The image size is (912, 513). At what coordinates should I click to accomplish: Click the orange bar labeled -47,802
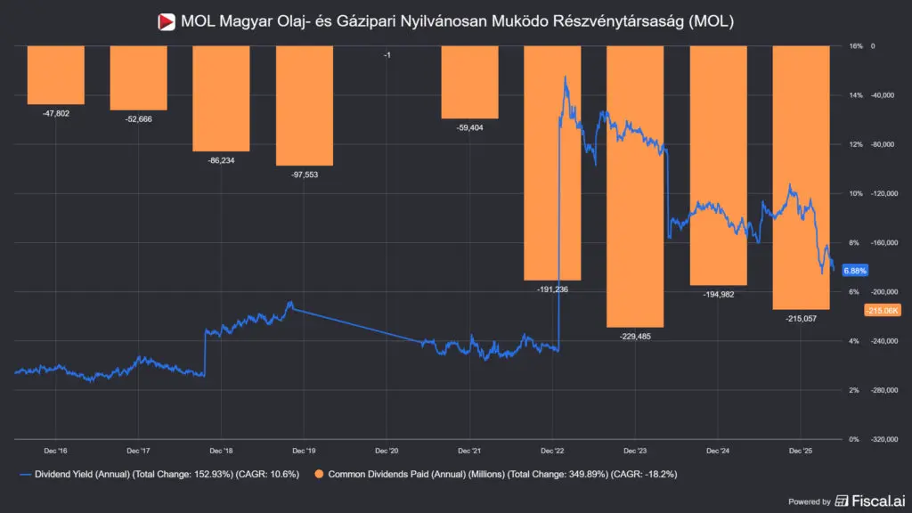click(56, 75)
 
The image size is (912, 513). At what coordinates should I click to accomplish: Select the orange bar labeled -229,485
click(635, 186)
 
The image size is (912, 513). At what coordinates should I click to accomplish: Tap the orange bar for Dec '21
click(470, 82)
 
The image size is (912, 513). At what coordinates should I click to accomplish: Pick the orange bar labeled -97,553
click(305, 106)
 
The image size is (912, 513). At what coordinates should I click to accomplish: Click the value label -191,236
click(552, 289)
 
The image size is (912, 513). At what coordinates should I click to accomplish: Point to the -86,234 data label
click(221, 160)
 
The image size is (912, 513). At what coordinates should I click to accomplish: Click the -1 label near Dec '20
click(387, 55)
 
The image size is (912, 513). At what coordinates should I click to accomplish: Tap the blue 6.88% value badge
click(855, 271)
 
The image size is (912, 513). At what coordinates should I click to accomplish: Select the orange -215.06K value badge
click(883, 311)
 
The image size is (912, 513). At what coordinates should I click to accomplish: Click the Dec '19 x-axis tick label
click(304, 451)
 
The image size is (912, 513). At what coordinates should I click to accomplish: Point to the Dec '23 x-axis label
click(635, 451)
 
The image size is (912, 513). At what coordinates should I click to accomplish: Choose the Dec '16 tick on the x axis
click(55, 451)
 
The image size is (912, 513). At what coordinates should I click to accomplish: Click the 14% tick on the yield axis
click(856, 94)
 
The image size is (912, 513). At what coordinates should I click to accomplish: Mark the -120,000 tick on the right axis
click(883, 193)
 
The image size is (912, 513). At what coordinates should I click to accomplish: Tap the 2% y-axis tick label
click(854, 390)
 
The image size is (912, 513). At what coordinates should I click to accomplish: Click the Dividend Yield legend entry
click(159, 474)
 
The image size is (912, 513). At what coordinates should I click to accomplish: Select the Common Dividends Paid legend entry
click(495, 474)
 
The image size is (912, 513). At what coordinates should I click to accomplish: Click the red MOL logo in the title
click(167, 22)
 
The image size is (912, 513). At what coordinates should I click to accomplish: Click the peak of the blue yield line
click(565, 77)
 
